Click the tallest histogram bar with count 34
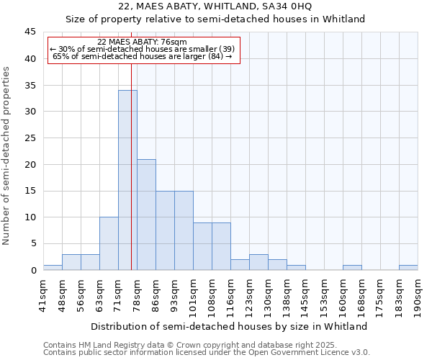click(x=127, y=180)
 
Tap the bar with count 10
click(x=109, y=243)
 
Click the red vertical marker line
click(x=131, y=166)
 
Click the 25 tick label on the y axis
click(x=30, y=138)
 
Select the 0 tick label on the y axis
click(x=33, y=270)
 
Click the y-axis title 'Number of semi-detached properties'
click(x=7, y=156)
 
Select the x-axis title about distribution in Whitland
click(x=230, y=326)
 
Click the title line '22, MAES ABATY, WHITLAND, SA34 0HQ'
click(x=215, y=6)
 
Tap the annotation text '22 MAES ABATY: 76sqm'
click(x=142, y=42)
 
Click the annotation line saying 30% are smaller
click(x=142, y=49)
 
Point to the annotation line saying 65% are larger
click(x=142, y=56)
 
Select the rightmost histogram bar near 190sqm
click(x=408, y=267)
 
